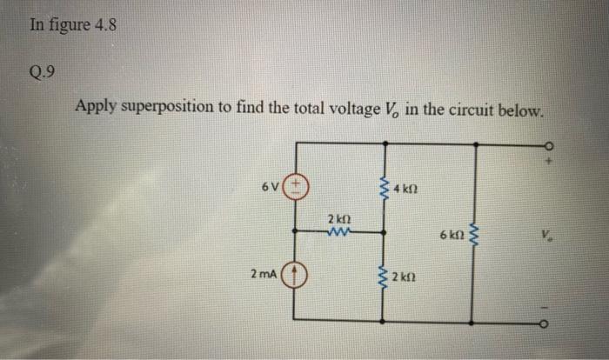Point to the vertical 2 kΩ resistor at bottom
tap(381, 277)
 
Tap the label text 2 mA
tap(263, 275)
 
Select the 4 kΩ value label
tap(405, 189)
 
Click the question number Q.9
tap(43, 71)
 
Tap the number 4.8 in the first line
tap(103, 24)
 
